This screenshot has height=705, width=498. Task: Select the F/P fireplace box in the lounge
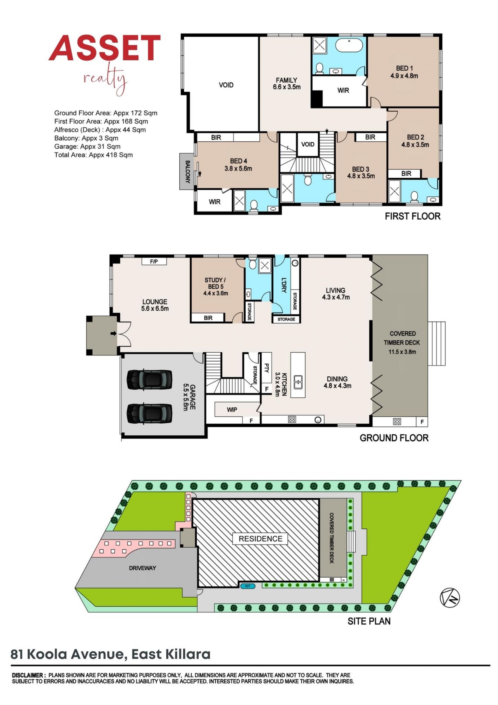[154, 261]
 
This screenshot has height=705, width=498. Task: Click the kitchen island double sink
[298, 382]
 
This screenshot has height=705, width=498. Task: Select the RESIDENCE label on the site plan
[260, 539]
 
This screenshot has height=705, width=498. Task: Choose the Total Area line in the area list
[94, 155]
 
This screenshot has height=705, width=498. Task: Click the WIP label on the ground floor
[232, 410]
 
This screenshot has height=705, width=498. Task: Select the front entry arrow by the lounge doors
[113, 333]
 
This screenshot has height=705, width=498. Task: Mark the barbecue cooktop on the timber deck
[397, 422]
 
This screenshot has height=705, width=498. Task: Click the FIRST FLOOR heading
[413, 216]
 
